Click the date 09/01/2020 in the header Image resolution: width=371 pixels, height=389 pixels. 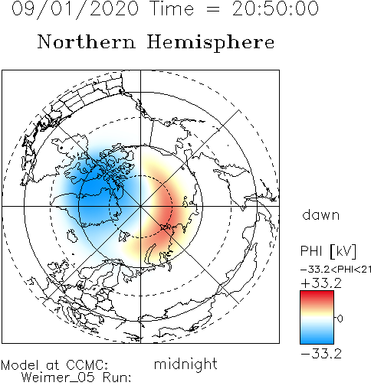tap(75, 9)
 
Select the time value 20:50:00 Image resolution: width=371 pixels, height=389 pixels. tap(275, 8)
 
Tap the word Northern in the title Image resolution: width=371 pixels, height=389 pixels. tap(87, 42)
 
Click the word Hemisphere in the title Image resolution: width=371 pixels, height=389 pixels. tap(211, 43)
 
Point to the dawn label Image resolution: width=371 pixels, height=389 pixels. tap(321, 215)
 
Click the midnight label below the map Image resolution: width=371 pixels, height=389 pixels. tap(185, 364)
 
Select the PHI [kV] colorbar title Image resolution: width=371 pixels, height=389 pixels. tap(328, 251)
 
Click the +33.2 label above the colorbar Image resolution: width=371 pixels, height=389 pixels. tap(321, 283)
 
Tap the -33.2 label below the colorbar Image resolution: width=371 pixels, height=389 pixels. tap(321, 354)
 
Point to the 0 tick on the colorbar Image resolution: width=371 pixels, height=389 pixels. tap(340, 319)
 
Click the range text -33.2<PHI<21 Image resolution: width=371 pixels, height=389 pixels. tap(336, 270)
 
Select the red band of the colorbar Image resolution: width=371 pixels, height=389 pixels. tap(317, 298)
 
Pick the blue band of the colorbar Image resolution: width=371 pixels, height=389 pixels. tap(317, 336)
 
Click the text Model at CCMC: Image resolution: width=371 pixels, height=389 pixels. tap(54, 365)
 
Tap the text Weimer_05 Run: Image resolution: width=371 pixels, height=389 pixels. tap(76, 378)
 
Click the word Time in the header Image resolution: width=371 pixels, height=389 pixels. tap(172, 8)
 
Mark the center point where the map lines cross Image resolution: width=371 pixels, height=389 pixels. tap(140, 206)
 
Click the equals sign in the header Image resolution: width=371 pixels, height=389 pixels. tap(212, 10)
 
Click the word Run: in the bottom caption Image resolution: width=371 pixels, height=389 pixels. tap(117, 378)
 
